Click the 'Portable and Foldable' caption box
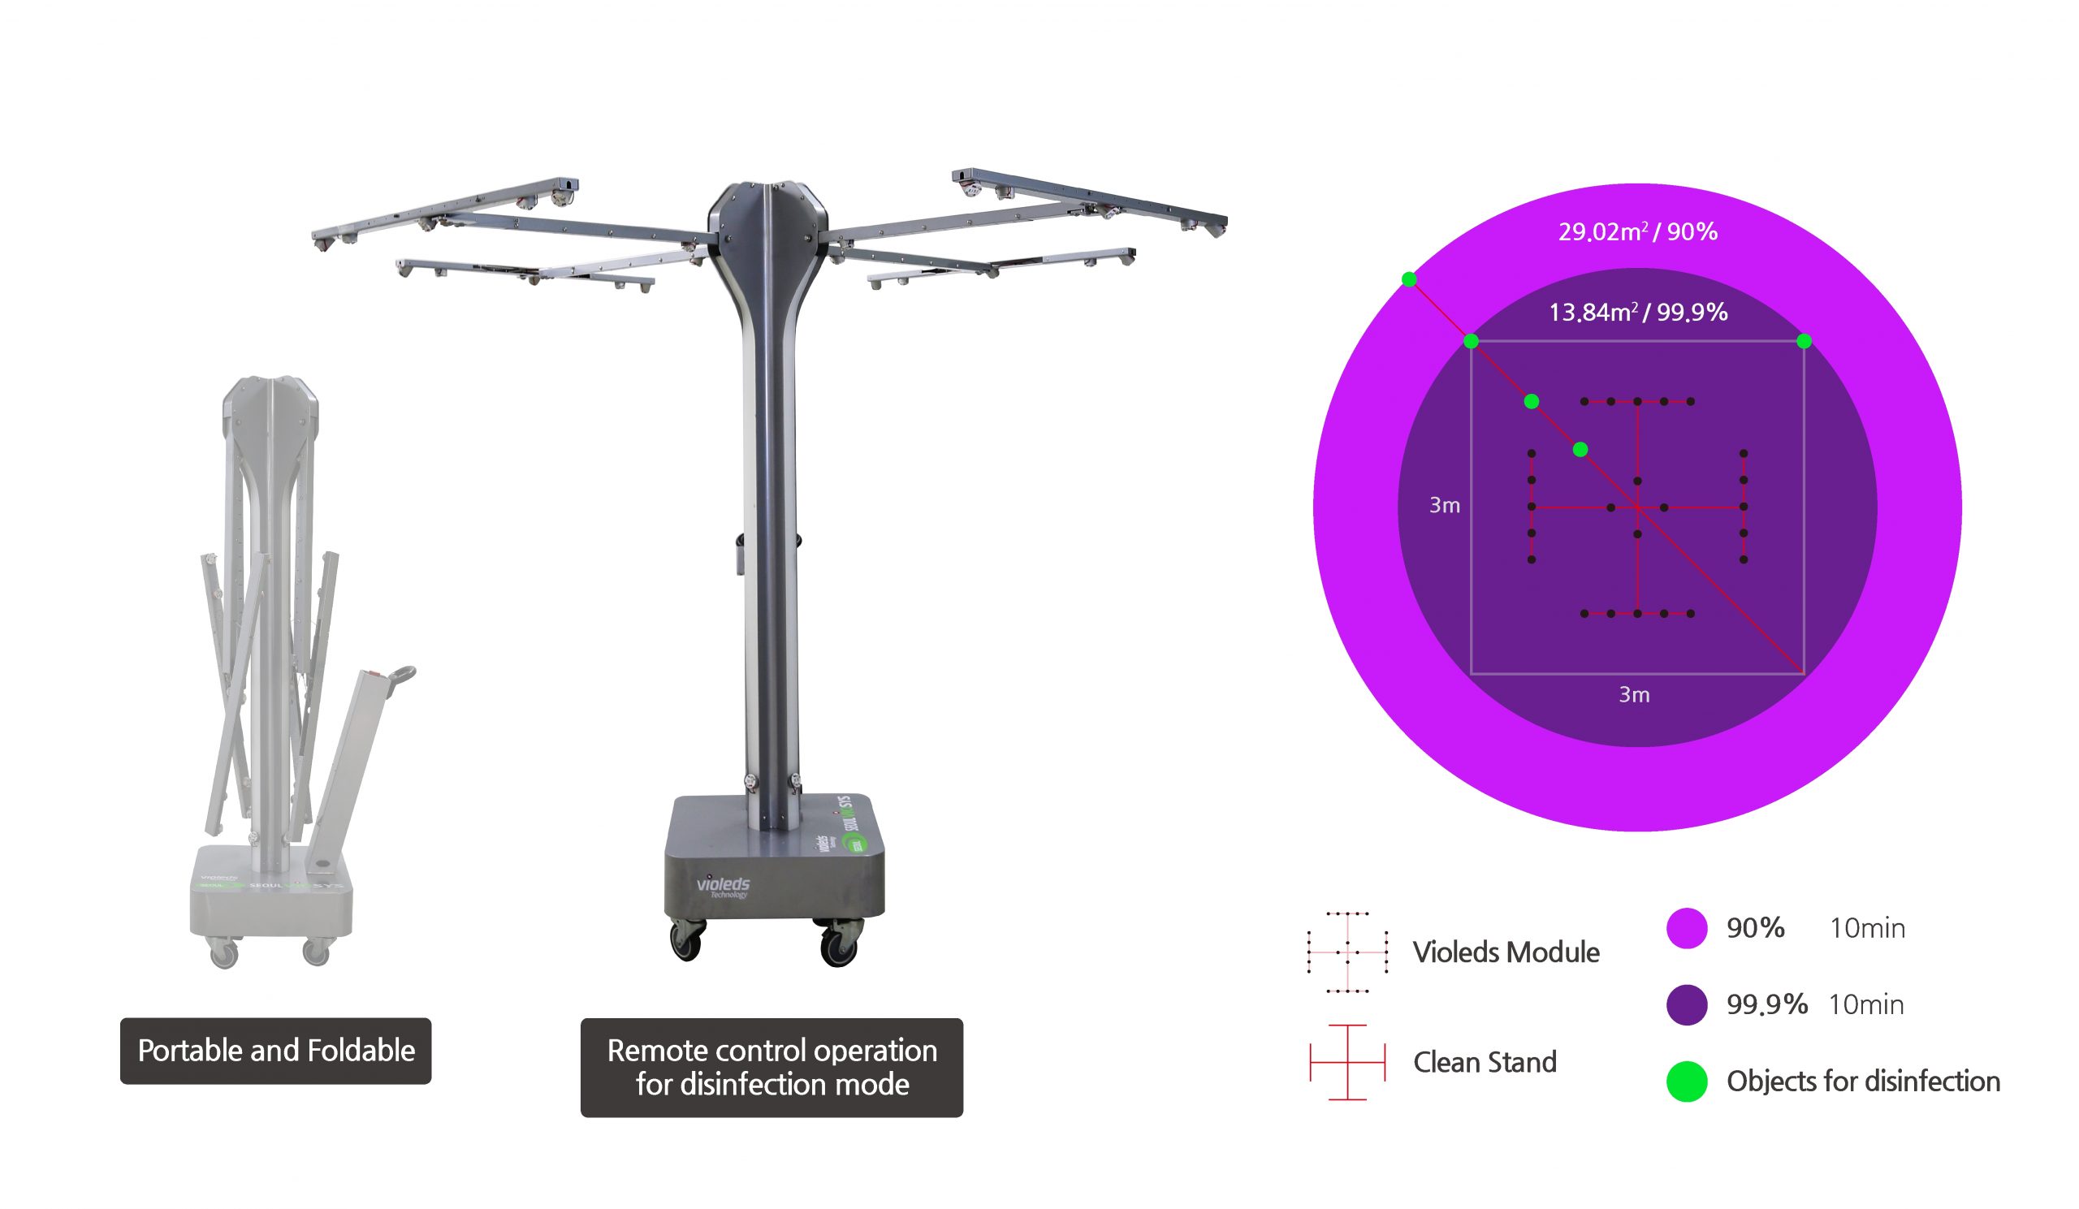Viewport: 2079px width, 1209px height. click(275, 1051)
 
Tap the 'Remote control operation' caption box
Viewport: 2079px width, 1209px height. click(772, 1067)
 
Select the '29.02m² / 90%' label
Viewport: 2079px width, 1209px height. click(1638, 231)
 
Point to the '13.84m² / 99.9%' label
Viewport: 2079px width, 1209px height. click(1638, 312)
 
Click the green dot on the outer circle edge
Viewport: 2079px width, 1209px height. click(1409, 279)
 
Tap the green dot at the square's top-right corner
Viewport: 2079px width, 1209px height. click(1805, 341)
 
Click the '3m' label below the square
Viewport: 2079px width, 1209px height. click(1634, 694)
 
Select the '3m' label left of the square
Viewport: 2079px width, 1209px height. click(1445, 505)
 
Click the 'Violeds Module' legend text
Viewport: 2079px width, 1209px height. click(1506, 952)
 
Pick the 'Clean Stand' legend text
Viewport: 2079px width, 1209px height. click(1485, 1062)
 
